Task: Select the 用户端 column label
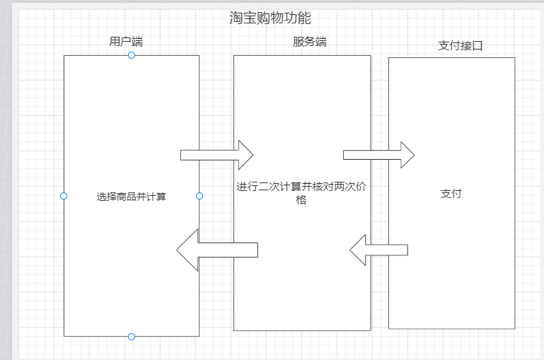pyautogui.click(x=126, y=42)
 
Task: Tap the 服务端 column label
pyautogui.click(x=310, y=42)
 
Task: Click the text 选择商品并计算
pyautogui.click(x=132, y=197)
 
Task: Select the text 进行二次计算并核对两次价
pyautogui.click(x=301, y=187)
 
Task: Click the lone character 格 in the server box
pyautogui.click(x=301, y=200)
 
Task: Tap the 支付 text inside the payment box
pyautogui.click(x=451, y=194)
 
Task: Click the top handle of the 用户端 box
pyautogui.click(x=132, y=55)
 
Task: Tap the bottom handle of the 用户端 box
pyautogui.click(x=132, y=337)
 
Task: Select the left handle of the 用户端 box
pyautogui.click(x=64, y=196)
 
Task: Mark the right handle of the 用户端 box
pyautogui.click(x=199, y=196)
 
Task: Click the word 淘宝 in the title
pyautogui.click(x=243, y=18)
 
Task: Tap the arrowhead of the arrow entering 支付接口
pyautogui.click(x=407, y=155)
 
